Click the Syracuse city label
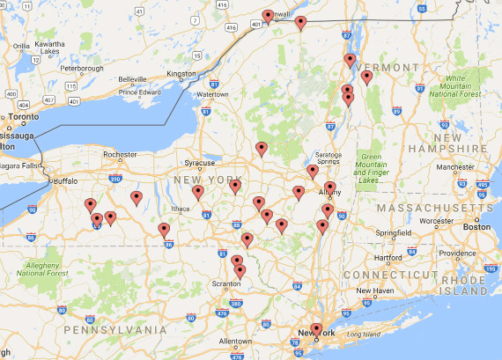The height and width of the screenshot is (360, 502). pos(199,163)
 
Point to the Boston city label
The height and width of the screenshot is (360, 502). pos(476,226)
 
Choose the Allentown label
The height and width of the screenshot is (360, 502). pos(235,341)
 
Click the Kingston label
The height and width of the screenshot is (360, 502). pos(181,74)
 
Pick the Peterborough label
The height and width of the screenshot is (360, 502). pos(82,68)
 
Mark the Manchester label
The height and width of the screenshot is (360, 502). pos(455,166)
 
